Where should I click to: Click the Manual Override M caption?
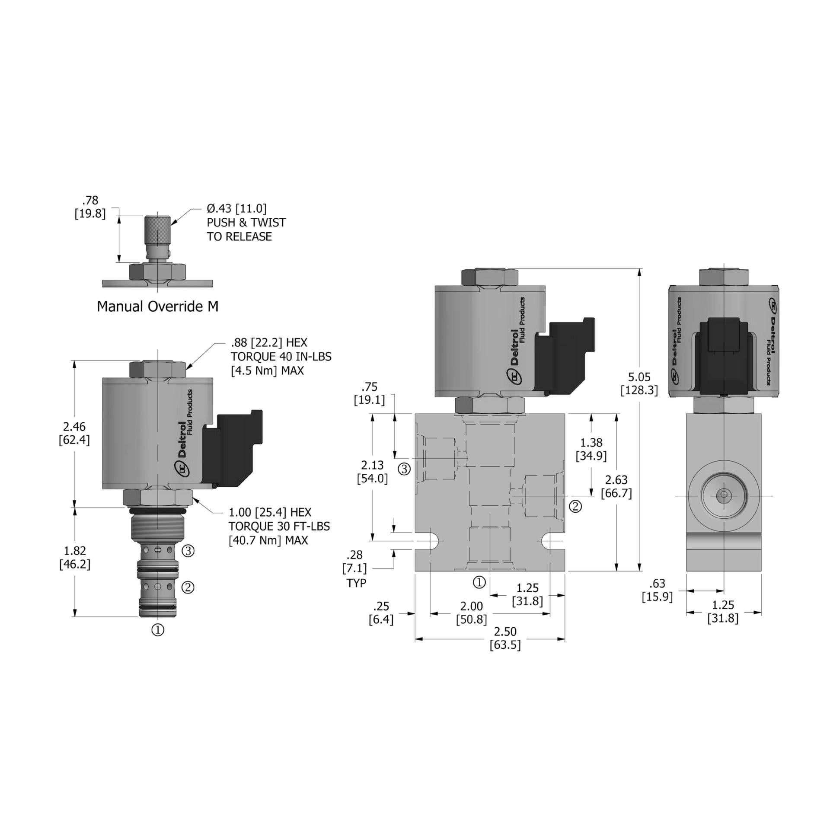(x=157, y=306)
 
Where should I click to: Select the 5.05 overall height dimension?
(x=639, y=383)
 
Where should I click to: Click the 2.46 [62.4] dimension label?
(x=74, y=433)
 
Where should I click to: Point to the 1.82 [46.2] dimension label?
(x=75, y=557)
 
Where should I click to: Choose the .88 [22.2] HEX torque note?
(x=281, y=356)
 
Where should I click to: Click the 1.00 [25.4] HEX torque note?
(x=279, y=526)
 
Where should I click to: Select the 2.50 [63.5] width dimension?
(x=505, y=638)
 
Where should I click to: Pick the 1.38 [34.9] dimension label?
(x=591, y=449)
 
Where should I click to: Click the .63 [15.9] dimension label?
(x=657, y=590)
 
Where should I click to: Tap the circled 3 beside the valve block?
(x=404, y=469)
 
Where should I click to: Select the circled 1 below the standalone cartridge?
(x=158, y=630)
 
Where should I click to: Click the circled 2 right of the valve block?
(x=575, y=506)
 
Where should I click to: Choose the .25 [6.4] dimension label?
(x=381, y=613)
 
